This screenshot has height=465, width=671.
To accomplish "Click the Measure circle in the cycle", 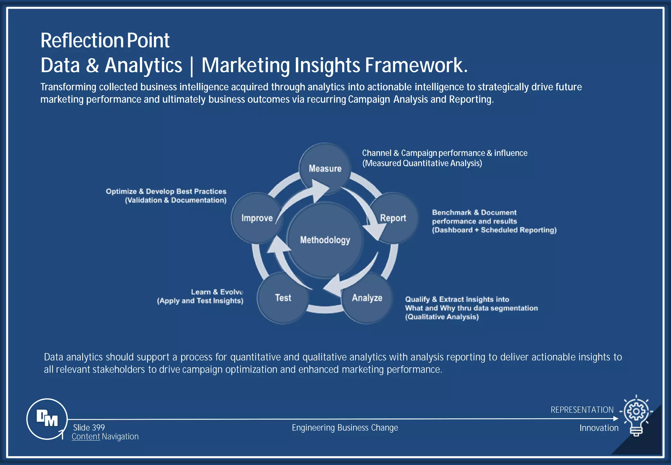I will point(325,168).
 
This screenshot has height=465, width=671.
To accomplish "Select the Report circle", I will point(393,218).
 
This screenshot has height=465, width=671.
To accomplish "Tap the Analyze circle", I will point(367,298).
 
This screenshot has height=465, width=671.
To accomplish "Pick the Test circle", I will point(283,298).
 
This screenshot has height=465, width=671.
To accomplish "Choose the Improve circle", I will point(257,218).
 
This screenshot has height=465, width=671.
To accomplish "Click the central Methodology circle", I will point(325,240).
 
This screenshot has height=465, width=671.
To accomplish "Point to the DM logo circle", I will point(47,418).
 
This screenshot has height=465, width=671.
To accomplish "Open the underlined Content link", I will point(86,436).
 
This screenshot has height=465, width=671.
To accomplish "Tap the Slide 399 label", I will point(89,427).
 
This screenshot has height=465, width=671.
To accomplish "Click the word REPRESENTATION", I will point(582,410).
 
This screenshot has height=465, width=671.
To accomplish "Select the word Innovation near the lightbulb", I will point(599,428).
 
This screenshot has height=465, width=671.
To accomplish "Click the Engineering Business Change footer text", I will point(345,428).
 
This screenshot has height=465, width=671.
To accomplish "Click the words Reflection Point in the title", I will point(105,41).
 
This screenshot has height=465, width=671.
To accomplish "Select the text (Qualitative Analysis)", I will point(442,317).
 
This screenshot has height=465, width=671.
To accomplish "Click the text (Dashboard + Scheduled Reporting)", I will point(494,230).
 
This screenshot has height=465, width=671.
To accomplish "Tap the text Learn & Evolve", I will point(217,292).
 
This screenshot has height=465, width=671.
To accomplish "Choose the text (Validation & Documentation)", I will point(176,200).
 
